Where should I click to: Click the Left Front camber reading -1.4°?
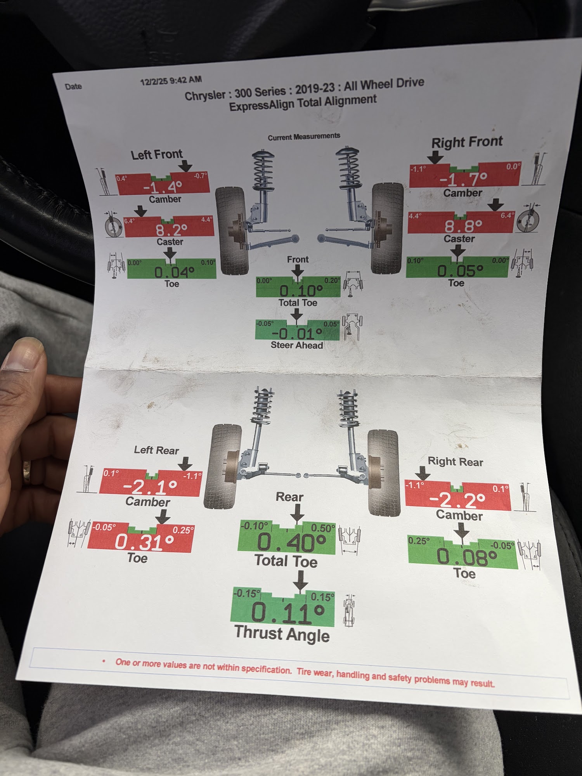click(x=163, y=187)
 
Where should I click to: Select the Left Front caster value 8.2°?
click(x=171, y=230)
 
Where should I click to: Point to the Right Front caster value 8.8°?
click(x=464, y=225)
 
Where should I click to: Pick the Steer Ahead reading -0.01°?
click(x=297, y=333)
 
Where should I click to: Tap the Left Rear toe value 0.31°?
click(x=144, y=542)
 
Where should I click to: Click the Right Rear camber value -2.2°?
click(x=457, y=500)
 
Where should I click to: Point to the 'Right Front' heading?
click(x=467, y=142)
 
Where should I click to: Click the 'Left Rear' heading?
click(x=156, y=450)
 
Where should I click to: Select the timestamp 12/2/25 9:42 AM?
click(x=171, y=81)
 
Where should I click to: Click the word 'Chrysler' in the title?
click(x=205, y=95)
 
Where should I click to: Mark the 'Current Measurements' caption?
click(x=304, y=137)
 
